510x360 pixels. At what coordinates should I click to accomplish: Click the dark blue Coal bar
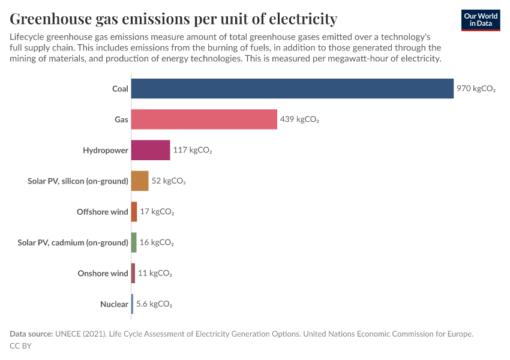coord(292,89)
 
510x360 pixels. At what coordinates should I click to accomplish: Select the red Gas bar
coord(204,119)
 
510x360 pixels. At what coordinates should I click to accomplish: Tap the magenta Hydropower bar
coord(151,150)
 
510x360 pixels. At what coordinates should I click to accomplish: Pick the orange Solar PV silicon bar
coord(140,181)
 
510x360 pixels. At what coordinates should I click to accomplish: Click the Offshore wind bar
coord(134,212)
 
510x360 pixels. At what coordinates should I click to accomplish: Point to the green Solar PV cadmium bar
coord(134,242)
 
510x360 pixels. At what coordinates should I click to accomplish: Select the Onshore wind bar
coord(133,274)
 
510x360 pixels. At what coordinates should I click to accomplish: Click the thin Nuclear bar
coord(133,304)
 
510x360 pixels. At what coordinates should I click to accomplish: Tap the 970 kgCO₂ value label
coord(476,89)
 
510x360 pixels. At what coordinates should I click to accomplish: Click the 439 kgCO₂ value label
coord(299,119)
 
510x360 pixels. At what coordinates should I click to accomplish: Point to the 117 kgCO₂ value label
coord(193,150)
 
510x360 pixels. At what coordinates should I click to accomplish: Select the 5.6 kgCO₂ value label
coord(154,304)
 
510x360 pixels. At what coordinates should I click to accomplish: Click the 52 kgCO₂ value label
coord(169,181)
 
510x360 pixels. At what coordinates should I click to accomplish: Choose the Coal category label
coord(120,89)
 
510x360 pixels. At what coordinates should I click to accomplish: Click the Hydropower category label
coord(106,150)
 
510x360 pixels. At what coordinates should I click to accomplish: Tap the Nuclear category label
coord(114,304)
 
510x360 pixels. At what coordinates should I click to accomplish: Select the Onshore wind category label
coord(103,274)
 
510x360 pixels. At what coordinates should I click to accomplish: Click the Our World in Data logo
coord(481,20)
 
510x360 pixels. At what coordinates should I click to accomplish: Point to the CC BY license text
coord(20,346)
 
